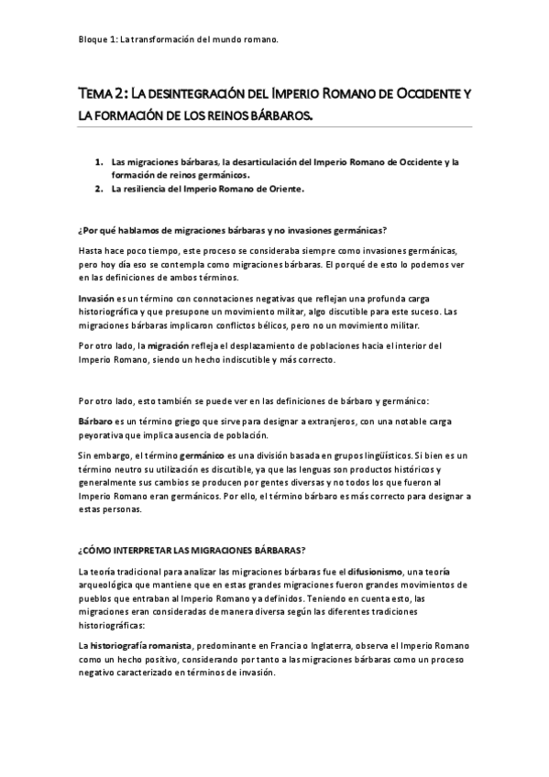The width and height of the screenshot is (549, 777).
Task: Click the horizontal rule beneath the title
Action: pyautogui.click(x=274, y=126)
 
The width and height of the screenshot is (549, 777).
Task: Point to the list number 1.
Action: pyautogui.click(x=98, y=162)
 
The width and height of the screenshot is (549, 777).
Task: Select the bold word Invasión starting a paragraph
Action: pyautogui.click(x=95, y=299)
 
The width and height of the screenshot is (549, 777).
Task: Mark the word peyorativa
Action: pyautogui.click(x=104, y=434)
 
